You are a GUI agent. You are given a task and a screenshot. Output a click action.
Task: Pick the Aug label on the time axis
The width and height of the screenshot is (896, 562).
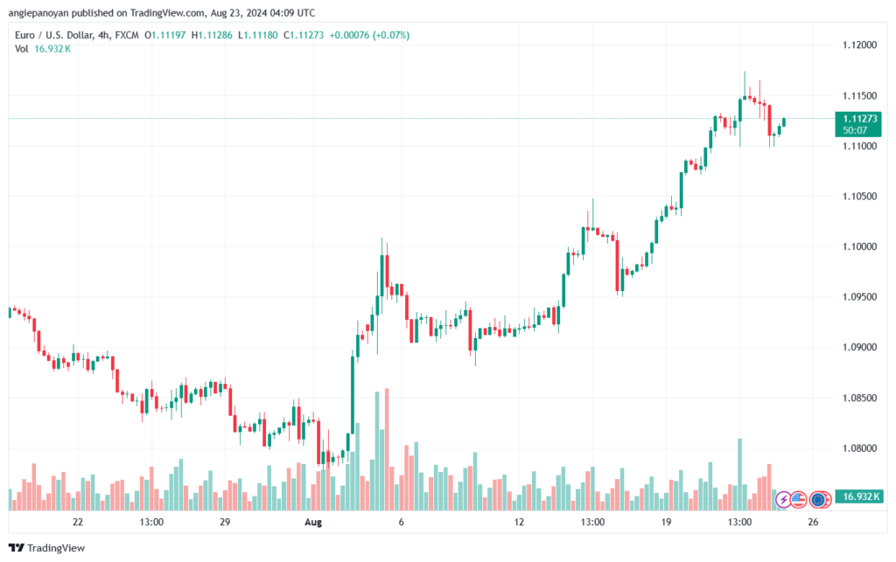tap(313, 523)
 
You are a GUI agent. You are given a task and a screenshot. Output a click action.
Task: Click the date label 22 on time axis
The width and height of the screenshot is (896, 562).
tap(78, 523)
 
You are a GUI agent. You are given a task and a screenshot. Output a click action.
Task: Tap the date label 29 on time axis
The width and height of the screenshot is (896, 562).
tap(225, 523)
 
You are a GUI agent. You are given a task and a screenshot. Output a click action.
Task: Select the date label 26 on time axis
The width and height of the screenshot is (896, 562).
tap(813, 523)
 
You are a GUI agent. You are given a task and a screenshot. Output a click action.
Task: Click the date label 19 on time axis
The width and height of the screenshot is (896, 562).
tap(666, 523)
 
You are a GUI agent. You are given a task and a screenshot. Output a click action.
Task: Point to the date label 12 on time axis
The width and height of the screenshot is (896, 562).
tap(519, 523)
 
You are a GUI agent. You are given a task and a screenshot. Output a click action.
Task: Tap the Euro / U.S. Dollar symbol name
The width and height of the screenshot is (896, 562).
tap(55, 35)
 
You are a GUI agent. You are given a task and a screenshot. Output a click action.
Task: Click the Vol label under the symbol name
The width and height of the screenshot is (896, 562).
tap(22, 49)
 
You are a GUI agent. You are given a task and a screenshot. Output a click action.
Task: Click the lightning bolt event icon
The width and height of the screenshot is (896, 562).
tap(785, 500)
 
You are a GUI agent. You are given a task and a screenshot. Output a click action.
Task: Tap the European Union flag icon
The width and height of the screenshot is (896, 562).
tap(820, 500)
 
